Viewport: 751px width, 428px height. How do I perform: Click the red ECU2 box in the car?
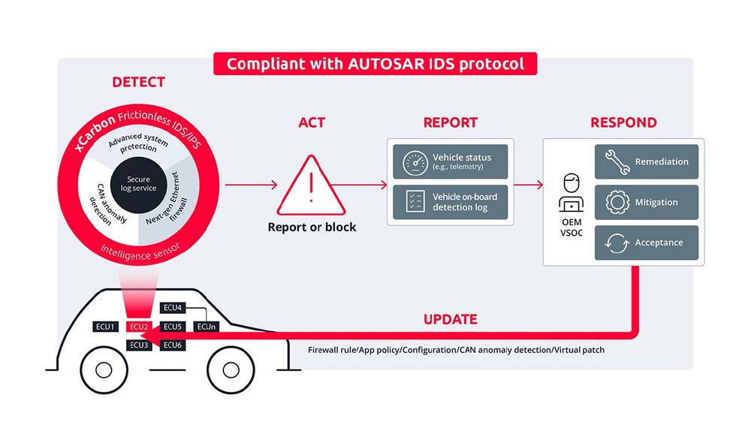pos(139,327)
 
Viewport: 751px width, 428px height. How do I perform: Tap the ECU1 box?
pos(104,327)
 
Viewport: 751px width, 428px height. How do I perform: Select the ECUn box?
pos(207,327)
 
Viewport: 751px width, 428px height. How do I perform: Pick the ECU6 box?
pos(173,345)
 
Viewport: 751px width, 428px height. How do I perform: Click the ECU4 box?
pos(173,308)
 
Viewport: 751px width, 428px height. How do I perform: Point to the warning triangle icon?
pos(312,184)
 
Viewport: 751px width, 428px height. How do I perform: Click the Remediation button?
pos(647,161)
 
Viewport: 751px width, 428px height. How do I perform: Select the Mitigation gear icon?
pos(616,202)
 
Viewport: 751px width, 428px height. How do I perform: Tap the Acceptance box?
pos(647,243)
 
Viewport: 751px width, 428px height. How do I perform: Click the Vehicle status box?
pos(451,161)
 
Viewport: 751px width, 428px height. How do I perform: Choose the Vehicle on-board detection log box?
pos(451,202)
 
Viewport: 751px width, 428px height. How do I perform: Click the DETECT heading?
pos(138,82)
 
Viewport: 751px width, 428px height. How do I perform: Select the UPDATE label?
pos(450,320)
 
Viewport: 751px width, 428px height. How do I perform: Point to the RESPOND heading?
pos(623,122)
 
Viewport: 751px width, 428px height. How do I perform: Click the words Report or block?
pos(312,227)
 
